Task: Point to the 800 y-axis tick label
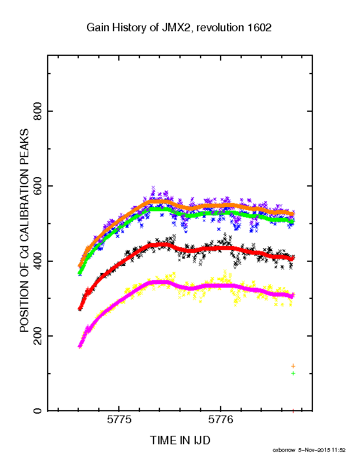(38, 111)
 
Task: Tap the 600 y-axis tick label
(38, 186)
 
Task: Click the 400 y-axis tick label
(38, 261)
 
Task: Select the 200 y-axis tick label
(38, 336)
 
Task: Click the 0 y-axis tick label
(38, 411)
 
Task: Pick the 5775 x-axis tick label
(119, 420)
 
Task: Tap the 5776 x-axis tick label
(221, 420)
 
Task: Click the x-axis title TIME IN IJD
(180, 440)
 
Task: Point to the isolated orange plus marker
(293, 366)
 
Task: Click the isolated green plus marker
(293, 373)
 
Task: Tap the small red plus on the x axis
(293, 411)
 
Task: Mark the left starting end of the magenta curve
(79, 346)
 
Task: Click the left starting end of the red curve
(79, 309)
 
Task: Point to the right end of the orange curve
(293, 214)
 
